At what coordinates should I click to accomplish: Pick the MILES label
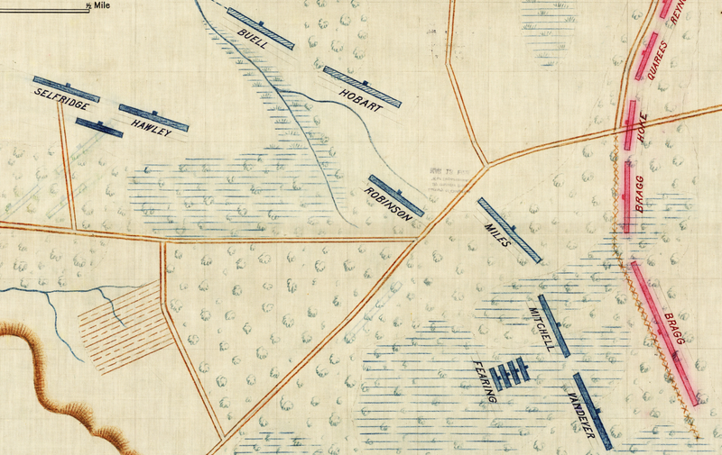pyautogui.click(x=498, y=233)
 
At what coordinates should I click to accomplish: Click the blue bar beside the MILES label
pyautogui.click(x=509, y=230)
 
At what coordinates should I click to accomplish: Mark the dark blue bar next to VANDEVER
pyautogui.click(x=592, y=411)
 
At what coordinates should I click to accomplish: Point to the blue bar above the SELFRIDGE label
pyautogui.click(x=65, y=87)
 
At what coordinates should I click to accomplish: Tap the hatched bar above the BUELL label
pyautogui.click(x=262, y=29)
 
